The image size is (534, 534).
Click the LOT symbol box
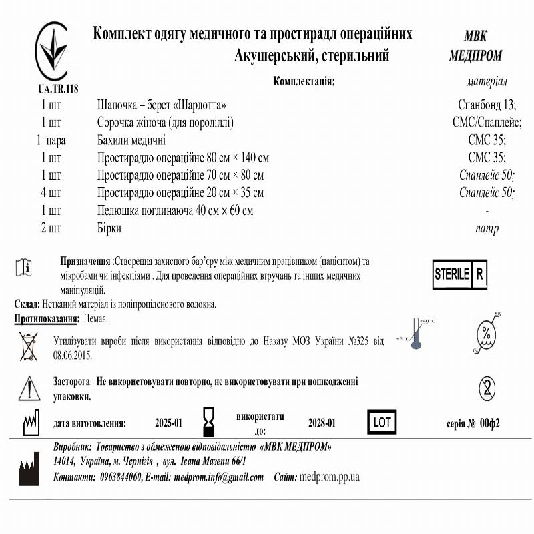click(x=382, y=423)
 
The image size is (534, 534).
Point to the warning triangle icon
click(x=29, y=388)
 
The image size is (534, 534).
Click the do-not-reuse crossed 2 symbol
click(x=487, y=386)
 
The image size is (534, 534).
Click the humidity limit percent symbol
click(x=487, y=332)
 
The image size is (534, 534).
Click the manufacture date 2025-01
click(x=168, y=423)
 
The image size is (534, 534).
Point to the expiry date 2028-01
click(x=322, y=423)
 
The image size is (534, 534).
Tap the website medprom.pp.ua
click(x=330, y=477)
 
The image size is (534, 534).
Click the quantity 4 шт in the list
click(x=51, y=193)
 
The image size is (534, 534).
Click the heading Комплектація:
click(x=304, y=81)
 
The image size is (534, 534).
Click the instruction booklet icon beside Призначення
click(x=23, y=267)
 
